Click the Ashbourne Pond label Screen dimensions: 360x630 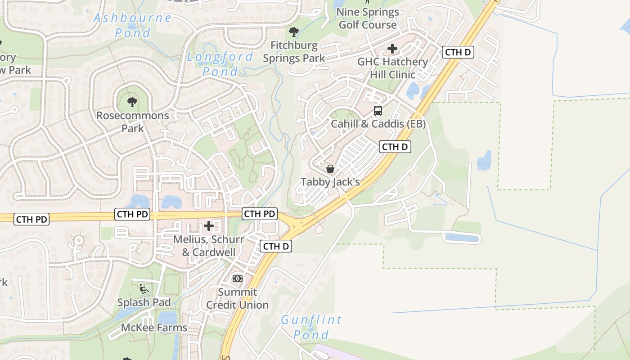click(x=133, y=25)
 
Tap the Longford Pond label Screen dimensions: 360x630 click(x=220, y=64)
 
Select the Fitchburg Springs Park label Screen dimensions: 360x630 click(x=294, y=52)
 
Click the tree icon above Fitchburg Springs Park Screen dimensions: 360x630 click(x=294, y=31)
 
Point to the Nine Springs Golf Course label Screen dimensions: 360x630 click(x=368, y=18)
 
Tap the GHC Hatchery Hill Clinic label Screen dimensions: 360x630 click(x=392, y=68)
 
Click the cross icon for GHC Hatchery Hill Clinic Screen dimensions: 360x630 click(x=392, y=48)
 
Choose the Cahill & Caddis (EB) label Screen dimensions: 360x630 click(x=378, y=124)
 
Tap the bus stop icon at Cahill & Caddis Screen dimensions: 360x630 click(x=378, y=110)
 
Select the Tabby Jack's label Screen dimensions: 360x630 click(x=330, y=182)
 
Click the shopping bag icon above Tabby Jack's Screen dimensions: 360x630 click(x=330, y=169)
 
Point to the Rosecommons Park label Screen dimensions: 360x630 click(x=133, y=121)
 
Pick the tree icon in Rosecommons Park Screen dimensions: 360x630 click(x=132, y=102)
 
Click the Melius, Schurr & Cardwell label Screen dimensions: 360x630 click(x=209, y=246)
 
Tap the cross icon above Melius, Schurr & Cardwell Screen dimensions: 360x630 click(x=209, y=226)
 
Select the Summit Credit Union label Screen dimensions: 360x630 click(x=237, y=298)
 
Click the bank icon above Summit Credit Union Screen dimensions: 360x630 click(x=237, y=279)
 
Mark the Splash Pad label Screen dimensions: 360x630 click(x=144, y=302)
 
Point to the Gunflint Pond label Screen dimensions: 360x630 click(x=311, y=327)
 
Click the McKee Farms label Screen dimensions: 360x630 click(x=154, y=328)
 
